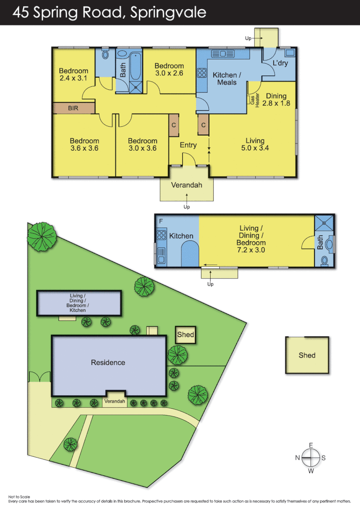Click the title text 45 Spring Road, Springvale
tap(109, 12)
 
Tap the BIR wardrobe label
tap(73, 108)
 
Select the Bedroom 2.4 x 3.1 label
tap(73, 75)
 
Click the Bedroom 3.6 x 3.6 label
tap(84, 144)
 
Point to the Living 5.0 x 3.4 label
tap(255, 144)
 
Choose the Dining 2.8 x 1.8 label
tap(276, 99)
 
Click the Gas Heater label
tap(254, 100)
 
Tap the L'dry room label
tap(280, 63)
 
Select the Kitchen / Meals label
tap(225, 78)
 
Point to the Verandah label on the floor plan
tap(187, 185)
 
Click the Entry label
tap(188, 145)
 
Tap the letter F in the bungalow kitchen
tap(160, 222)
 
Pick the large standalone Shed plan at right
tap(307, 355)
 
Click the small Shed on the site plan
tap(185, 334)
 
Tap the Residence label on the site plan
tap(108, 363)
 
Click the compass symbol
tap(311, 458)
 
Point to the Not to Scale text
tap(19, 497)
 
